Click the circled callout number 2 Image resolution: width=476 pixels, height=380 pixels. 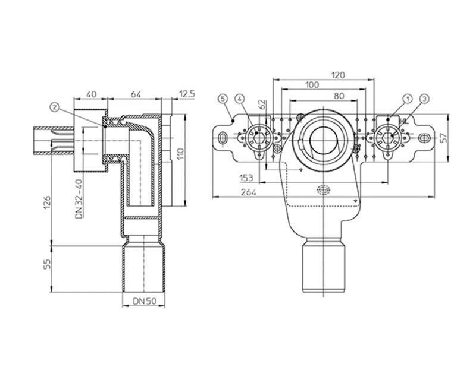pyautogui.click(x=55, y=107)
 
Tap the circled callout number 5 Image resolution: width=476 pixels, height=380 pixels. pyautogui.click(x=223, y=99)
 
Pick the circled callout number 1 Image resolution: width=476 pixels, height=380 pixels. pyautogui.click(x=408, y=98)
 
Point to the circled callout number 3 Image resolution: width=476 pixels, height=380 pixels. pyautogui.click(x=424, y=98)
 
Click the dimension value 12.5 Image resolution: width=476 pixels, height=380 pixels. pyautogui.click(x=187, y=94)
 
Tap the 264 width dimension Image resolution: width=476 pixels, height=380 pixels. pyautogui.click(x=248, y=192)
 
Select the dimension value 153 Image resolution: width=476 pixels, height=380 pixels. pyautogui.click(x=246, y=178)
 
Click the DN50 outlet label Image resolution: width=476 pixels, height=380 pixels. pyautogui.click(x=145, y=301)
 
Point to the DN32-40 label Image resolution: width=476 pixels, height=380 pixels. pyautogui.click(x=79, y=199)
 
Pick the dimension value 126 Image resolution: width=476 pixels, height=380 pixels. pyautogui.click(x=47, y=203)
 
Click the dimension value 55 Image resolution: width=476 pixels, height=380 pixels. pyautogui.click(x=47, y=264)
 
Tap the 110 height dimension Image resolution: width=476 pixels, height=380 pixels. pyautogui.click(x=180, y=154)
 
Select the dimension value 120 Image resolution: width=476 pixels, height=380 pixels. pyautogui.click(x=338, y=75)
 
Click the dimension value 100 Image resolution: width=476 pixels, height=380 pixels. pyautogui.click(x=312, y=85)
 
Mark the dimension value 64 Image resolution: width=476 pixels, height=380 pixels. pyautogui.click(x=136, y=94)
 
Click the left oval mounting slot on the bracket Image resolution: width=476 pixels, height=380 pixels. pyautogui.click(x=223, y=137)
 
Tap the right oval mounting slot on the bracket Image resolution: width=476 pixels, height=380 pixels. pyautogui.click(x=424, y=138)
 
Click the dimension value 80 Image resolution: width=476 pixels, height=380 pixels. pyautogui.click(x=339, y=96)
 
